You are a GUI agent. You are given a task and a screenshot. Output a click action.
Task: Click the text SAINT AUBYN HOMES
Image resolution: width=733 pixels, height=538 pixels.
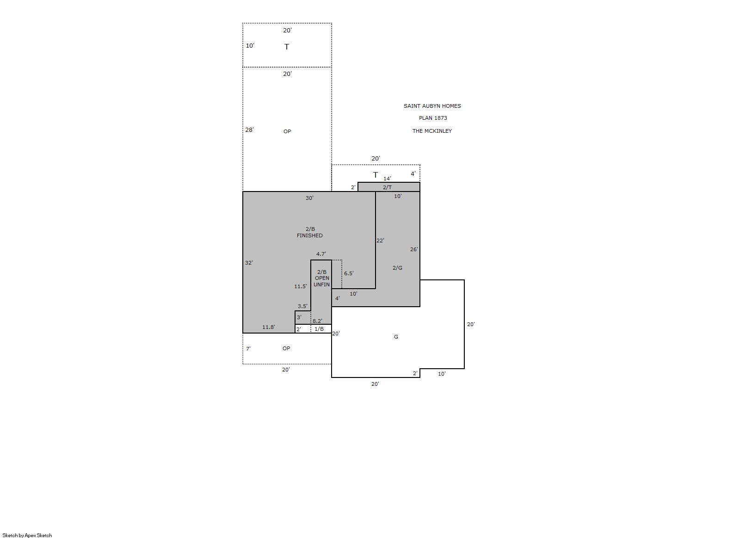click(x=432, y=106)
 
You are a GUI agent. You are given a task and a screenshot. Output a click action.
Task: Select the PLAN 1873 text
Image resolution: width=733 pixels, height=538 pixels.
click(x=432, y=118)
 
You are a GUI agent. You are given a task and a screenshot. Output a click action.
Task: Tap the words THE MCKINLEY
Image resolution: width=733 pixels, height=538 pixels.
click(x=432, y=131)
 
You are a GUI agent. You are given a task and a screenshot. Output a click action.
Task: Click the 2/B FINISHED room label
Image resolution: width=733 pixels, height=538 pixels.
click(x=309, y=232)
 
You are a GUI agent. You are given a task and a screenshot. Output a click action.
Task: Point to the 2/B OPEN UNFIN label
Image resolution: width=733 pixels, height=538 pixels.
click(x=322, y=278)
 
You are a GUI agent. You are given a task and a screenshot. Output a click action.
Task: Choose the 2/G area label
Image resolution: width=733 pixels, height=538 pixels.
click(x=397, y=268)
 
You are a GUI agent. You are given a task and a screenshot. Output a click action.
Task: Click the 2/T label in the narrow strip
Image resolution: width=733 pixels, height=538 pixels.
click(x=387, y=187)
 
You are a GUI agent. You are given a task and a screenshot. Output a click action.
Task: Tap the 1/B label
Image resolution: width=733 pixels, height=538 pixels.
click(x=319, y=329)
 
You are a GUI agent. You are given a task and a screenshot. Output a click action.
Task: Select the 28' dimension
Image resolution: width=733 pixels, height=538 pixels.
click(x=249, y=130)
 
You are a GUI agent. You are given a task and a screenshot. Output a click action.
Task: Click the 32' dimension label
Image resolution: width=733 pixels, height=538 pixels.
click(x=249, y=262)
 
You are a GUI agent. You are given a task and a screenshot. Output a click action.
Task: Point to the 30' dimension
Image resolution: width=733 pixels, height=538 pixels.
click(x=309, y=198)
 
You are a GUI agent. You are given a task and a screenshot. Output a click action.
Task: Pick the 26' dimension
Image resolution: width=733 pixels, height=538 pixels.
click(x=414, y=249)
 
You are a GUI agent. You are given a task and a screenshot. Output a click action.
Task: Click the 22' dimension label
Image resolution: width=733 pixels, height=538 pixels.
click(x=380, y=241)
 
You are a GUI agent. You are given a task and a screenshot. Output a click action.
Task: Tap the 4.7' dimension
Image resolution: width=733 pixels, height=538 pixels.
click(x=321, y=254)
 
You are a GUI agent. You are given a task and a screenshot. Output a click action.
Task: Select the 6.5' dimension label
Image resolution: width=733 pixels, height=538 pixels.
click(x=349, y=273)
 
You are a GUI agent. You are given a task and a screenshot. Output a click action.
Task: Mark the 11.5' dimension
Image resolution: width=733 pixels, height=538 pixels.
click(x=301, y=286)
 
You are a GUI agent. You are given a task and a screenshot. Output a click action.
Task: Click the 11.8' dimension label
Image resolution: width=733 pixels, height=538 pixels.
click(x=268, y=327)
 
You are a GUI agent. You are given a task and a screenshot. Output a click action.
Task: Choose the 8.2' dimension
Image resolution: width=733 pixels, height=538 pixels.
click(x=317, y=321)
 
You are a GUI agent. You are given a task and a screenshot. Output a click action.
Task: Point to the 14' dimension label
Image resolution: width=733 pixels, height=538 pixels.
click(x=387, y=179)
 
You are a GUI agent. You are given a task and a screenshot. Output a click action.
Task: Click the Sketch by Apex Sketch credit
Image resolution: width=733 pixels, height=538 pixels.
click(x=27, y=535)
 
